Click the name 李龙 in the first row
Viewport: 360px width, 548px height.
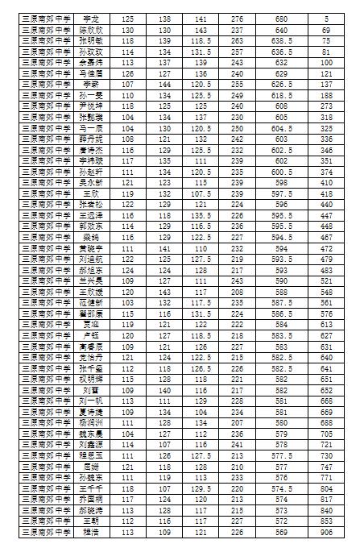90,17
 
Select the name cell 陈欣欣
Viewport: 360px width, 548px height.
90,28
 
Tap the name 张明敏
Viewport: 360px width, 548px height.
90,39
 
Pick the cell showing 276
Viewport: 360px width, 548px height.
237,17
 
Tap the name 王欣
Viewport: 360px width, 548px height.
90,193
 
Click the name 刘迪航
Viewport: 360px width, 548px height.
90,259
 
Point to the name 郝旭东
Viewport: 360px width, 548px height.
90,271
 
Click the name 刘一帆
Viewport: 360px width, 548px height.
90,401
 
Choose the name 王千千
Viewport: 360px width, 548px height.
90,488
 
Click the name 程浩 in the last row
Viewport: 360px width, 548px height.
90,532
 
